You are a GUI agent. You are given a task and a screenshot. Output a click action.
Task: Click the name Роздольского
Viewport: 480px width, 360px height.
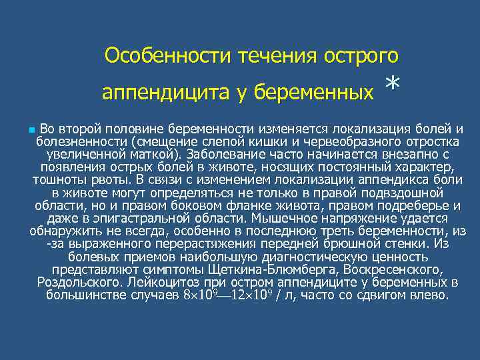coord(72,282)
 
